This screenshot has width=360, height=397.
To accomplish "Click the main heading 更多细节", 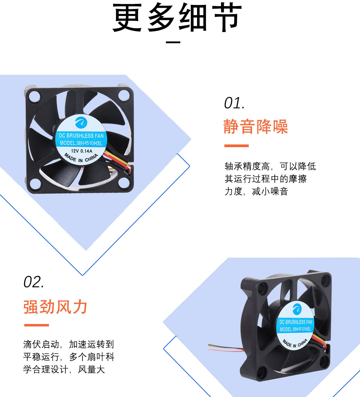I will (x=177, y=18).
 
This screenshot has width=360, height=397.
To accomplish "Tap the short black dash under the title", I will (x=173, y=42).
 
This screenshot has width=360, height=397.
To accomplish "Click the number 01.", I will (x=234, y=103).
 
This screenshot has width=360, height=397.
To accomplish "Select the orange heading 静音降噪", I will (x=256, y=126).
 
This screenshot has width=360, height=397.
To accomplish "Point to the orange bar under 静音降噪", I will (x=236, y=146).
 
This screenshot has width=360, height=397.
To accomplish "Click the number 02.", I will (x=34, y=282).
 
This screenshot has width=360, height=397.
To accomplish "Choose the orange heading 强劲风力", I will (x=55, y=307).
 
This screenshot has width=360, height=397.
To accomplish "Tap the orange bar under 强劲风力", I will (x=36, y=325).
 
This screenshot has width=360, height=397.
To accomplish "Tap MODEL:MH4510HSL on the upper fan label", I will (x=81, y=143).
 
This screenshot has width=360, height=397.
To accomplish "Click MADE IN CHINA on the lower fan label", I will (x=295, y=343).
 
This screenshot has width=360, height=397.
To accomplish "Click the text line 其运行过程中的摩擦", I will (x=265, y=179).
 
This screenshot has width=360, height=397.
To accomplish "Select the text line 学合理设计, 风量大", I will (x=64, y=369).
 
